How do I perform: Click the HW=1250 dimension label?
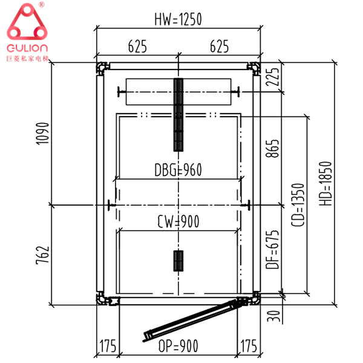[x=178, y=19]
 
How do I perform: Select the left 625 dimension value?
[x=137, y=47]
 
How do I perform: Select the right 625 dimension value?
[x=219, y=47]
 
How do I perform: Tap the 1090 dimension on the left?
[x=43, y=134]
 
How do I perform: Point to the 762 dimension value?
[x=43, y=255]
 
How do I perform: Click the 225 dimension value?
[x=272, y=77]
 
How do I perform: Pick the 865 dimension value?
[x=272, y=149]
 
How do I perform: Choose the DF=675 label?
[x=272, y=249]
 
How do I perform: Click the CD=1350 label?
[x=298, y=205]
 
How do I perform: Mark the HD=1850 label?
[x=325, y=183]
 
